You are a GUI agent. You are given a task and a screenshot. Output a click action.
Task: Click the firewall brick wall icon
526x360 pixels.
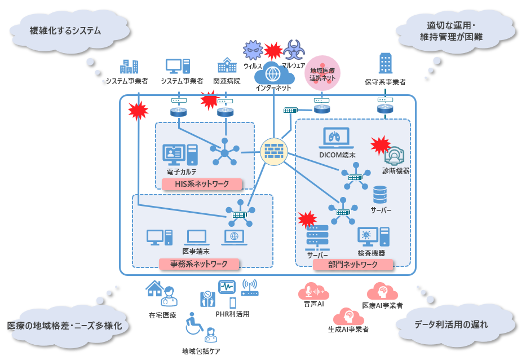coord(273,152)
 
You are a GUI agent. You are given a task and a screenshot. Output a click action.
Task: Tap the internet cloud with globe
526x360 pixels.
coord(273,73)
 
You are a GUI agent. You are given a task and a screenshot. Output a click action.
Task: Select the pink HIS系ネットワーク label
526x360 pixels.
coord(202,184)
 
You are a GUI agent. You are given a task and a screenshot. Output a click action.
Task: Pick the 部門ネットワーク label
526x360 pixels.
coord(352,264)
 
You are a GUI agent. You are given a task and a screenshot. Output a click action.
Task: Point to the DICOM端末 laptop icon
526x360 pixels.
coord(337,139)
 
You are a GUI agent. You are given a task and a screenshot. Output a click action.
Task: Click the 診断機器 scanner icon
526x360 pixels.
coord(396,155)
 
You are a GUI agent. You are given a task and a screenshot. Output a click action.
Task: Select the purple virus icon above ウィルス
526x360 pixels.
coord(253,51)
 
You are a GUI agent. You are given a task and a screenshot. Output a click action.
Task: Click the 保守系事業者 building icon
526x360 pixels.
coord(386,64)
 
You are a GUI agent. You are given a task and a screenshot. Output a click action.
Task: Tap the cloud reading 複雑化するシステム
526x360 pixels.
coord(65,29)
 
